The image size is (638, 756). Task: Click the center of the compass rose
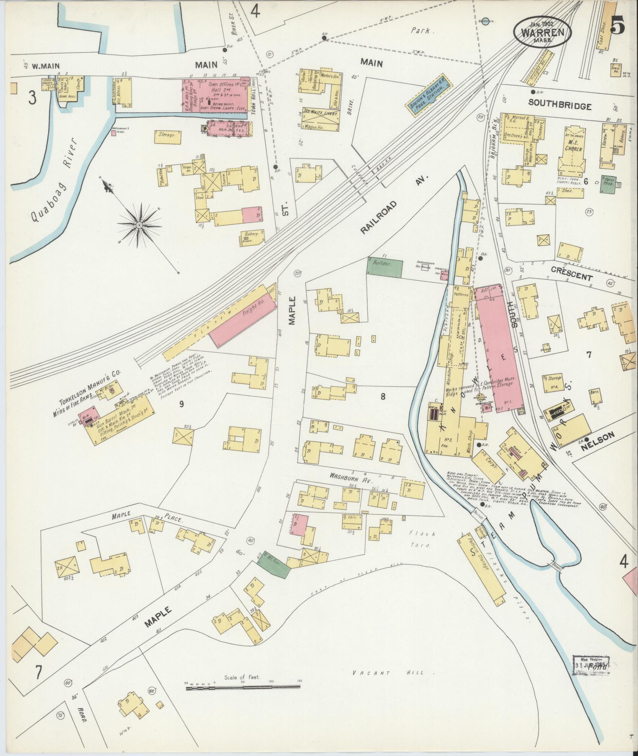tap(139, 225)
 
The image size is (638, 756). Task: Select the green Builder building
tap(384, 268)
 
